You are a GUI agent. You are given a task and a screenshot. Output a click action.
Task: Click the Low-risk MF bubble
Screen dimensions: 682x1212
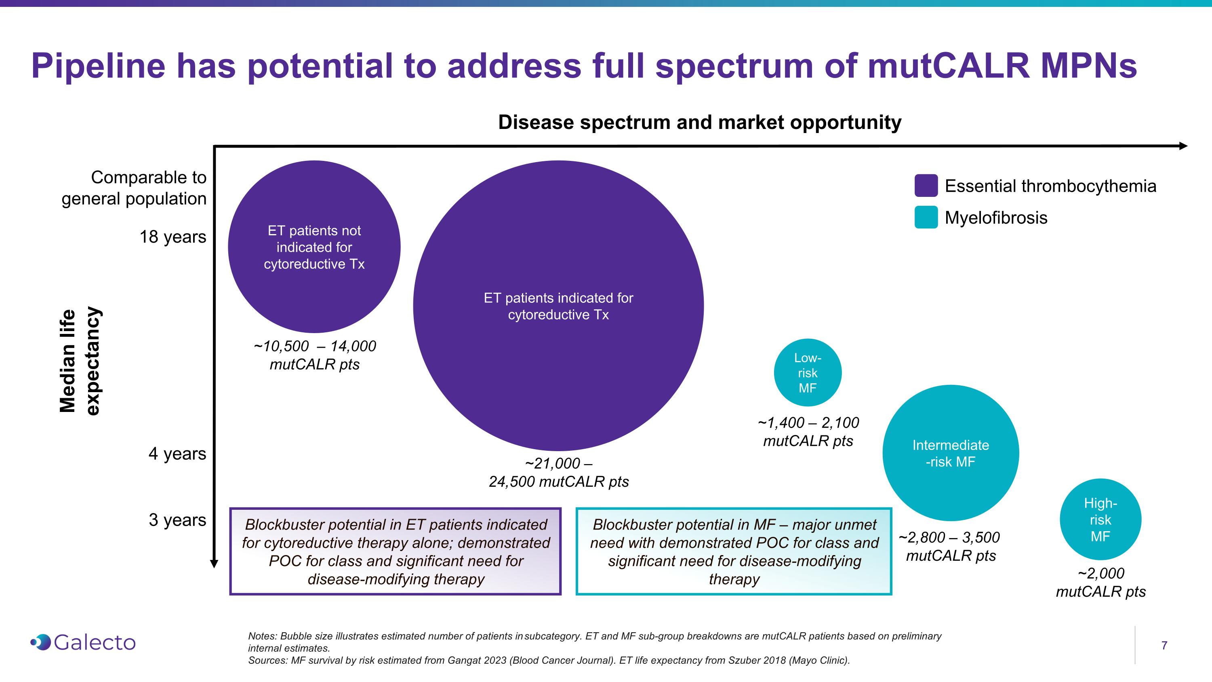click(807, 373)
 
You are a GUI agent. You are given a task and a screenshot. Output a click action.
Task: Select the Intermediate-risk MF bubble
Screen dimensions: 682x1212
click(950, 453)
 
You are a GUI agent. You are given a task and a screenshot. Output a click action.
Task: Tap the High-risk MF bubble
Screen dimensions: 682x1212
click(1100, 519)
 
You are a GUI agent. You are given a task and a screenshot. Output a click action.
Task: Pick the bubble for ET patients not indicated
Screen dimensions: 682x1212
click(314, 247)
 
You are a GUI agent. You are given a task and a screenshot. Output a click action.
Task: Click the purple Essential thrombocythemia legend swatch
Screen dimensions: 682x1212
click(926, 186)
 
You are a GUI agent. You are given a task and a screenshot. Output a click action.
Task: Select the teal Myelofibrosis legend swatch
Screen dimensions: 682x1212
click(926, 217)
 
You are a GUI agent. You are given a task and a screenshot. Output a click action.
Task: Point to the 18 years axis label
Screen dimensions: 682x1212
click(173, 237)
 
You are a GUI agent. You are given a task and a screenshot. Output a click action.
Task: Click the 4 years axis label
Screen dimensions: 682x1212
click(177, 454)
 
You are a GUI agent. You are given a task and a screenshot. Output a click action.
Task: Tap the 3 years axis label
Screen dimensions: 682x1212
click(177, 519)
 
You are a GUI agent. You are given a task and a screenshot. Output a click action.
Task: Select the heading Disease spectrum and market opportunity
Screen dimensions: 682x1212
click(700, 122)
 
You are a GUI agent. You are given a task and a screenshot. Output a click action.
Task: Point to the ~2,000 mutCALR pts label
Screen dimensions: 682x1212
click(1100, 582)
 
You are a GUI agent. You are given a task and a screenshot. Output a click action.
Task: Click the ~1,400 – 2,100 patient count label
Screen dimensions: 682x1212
click(808, 432)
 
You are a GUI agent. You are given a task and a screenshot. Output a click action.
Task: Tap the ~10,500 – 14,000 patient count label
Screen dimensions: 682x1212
click(314, 355)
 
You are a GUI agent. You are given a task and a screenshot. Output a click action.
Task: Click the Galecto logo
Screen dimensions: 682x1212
click(83, 642)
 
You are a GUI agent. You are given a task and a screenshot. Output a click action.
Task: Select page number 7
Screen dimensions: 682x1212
click(1164, 645)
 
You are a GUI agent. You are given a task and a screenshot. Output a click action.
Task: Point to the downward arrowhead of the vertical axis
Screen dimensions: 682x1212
click(214, 564)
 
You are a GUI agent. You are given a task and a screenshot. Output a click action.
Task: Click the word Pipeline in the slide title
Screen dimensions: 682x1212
click(98, 66)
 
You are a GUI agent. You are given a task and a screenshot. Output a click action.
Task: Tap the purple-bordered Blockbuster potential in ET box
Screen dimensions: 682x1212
click(395, 551)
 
